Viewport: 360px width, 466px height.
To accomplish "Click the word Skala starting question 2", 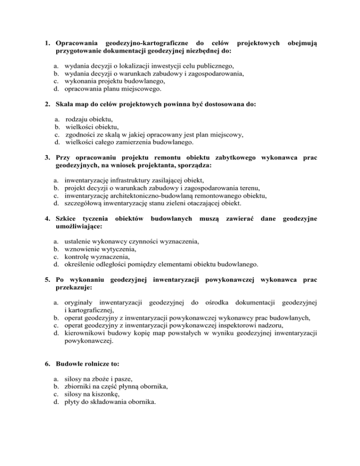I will pos(66,106).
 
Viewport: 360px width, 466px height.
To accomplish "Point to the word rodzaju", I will pos(77,120).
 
